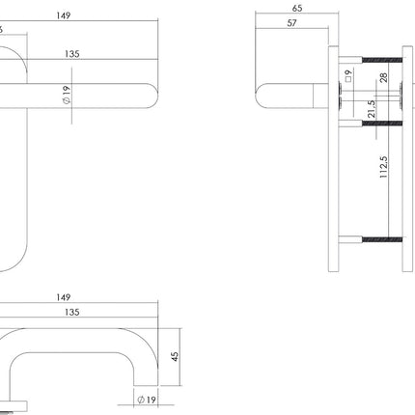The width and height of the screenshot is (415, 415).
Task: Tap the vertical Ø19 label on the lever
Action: pyautogui.click(x=67, y=97)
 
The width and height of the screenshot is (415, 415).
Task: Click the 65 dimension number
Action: pyautogui.click(x=295, y=7)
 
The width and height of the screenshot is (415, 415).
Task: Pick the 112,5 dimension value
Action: pyautogui.click(x=383, y=165)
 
